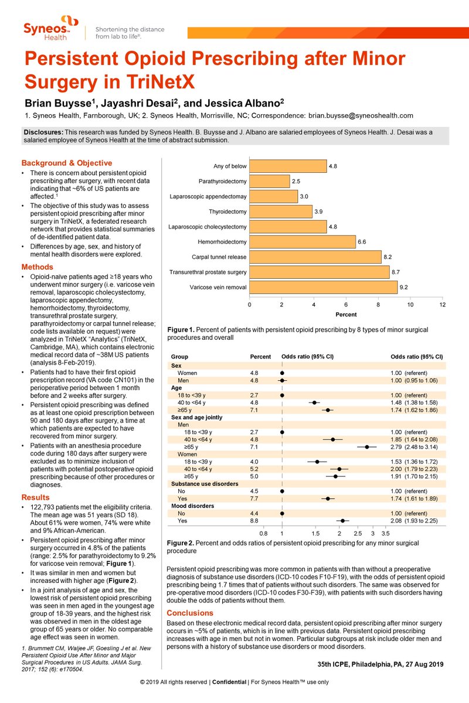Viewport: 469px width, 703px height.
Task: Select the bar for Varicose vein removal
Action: [x=324, y=288]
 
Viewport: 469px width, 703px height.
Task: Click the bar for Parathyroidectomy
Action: [x=270, y=181]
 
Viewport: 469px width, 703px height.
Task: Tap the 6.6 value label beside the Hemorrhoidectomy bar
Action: [x=362, y=242]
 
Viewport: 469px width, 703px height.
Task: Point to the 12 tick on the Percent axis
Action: [x=443, y=305]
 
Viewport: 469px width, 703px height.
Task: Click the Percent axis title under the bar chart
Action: [x=346, y=315]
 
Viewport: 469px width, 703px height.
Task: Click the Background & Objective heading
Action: [x=67, y=163]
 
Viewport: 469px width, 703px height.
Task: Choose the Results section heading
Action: [x=35, y=497]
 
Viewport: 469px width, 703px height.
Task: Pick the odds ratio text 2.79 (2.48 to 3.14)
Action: [x=417, y=446]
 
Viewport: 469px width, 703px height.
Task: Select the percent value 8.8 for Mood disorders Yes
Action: [x=254, y=520]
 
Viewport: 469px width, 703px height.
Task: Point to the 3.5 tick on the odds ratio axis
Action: [x=385, y=534]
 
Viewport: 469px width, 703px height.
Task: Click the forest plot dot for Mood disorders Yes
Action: [x=343, y=520]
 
